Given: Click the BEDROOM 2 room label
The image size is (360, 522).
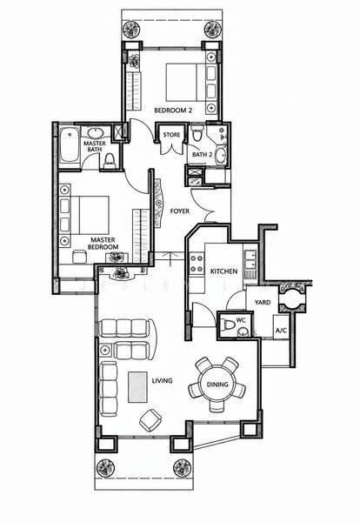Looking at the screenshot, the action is [x=173, y=110].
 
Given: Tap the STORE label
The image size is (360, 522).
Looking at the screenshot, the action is [x=171, y=135].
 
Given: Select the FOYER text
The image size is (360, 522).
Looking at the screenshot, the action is [x=180, y=211].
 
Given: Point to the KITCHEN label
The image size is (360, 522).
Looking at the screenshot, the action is [x=224, y=271].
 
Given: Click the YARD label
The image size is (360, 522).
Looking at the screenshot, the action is [x=263, y=302].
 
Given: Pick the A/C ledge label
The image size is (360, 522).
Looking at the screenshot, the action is [x=281, y=331].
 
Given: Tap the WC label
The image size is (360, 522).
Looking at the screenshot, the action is [x=241, y=320].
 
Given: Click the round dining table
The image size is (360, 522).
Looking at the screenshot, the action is [x=217, y=385].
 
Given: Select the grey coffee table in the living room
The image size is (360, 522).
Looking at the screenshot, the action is [x=137, y=387].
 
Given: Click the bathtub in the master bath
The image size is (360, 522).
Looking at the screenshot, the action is [x=70, y=144].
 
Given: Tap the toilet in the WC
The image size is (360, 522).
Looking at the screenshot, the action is [x=229, y=325].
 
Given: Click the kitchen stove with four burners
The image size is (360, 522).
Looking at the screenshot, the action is [x=197, y=264].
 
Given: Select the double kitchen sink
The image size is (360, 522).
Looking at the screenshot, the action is [x=250, y=260].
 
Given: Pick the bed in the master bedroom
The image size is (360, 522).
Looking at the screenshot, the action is [x=84, y=215].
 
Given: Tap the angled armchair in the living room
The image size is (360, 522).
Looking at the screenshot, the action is [x=150, y=420].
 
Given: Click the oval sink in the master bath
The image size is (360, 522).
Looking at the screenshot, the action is [x=96, y=133].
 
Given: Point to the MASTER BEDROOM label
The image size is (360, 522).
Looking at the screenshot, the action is [x=103, y=244].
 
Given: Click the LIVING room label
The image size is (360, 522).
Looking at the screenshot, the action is [x=162, y=380].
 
